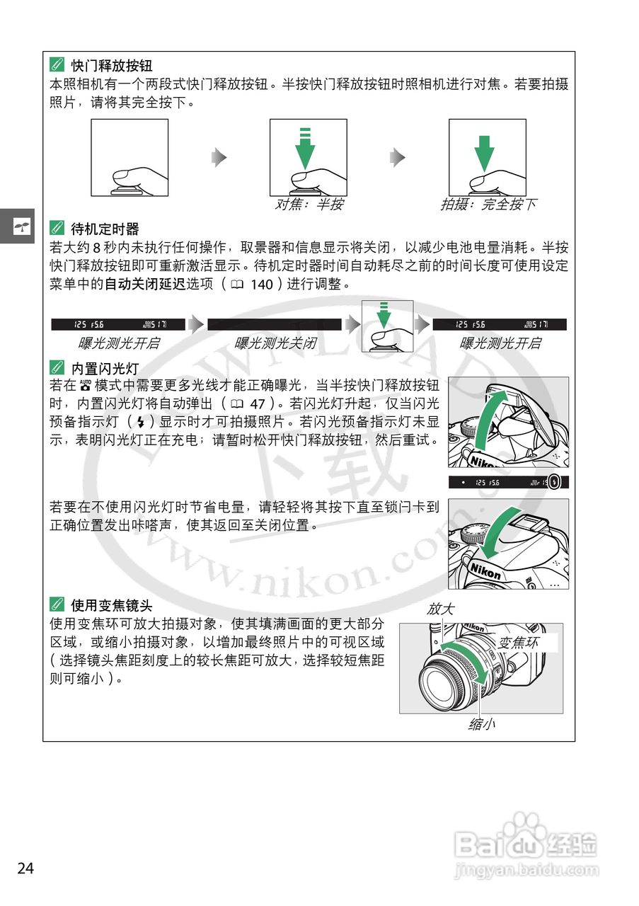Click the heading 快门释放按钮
tap(111, 66)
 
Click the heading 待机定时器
tap(105, 229)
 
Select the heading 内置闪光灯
tap(105, 368)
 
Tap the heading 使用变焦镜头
tap(111, 605)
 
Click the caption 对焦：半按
tap(309, 205)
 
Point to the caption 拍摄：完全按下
tap(488, 205)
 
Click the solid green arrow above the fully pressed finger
tap(483, 150)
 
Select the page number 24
tap(25, 868)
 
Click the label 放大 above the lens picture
tap(440, 609)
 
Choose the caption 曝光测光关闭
tap(275, 343)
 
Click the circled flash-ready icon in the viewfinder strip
tap(554, 483)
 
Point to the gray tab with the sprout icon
tap(17, 226)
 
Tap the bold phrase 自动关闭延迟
tap(144, 284)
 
